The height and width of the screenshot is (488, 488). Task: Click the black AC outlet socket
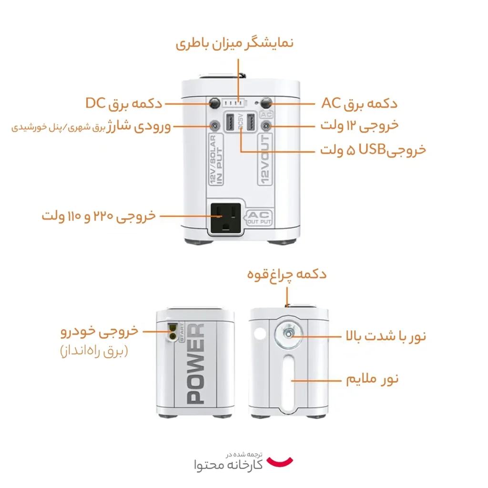pos(226,218)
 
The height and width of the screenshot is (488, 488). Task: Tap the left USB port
pos(230,122)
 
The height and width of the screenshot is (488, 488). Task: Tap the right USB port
pos(251,122)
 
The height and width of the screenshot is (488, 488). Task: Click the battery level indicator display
pos(234,103)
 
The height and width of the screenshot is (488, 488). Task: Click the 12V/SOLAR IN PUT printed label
pos(216,159)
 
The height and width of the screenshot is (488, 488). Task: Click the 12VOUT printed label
pos(265,159)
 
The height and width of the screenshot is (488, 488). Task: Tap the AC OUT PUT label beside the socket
pos(259,217)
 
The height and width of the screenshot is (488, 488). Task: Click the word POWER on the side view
pos(195,364)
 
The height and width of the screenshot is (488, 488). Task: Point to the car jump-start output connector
pos(172,332)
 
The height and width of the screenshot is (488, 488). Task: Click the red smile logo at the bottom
pos(280,462)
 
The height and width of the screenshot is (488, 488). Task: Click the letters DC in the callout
pos(95,103)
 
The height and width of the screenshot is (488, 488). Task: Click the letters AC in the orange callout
pos(332,103)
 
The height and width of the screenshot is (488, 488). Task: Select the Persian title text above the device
pos(234,43)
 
